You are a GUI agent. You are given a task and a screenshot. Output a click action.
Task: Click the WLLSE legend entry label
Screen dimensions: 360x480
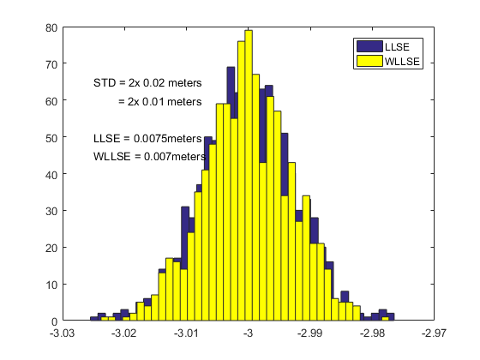402,62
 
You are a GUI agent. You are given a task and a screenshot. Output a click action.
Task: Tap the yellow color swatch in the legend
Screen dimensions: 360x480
369,62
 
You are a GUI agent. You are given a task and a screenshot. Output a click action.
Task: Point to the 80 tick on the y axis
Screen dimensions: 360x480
51,27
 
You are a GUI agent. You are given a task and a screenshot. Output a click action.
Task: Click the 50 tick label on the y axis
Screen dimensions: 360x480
51,137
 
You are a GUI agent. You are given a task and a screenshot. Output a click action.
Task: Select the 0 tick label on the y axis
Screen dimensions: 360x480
54,321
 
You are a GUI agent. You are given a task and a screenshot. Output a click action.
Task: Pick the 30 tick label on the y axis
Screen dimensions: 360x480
51,211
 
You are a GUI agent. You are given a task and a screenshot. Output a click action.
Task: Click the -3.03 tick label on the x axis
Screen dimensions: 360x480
63,333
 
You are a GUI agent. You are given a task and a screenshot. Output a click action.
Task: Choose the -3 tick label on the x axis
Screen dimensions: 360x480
249,333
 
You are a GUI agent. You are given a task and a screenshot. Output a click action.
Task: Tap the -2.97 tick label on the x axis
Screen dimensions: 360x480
434,333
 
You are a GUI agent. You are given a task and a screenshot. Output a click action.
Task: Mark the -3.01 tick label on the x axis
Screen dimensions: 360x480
186,333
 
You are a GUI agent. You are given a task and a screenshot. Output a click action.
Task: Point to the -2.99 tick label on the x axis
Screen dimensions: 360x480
310,333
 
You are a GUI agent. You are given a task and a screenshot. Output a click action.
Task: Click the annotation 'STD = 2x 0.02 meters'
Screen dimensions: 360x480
147,83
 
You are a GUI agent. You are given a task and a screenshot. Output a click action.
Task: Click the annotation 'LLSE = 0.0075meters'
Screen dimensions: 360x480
147,138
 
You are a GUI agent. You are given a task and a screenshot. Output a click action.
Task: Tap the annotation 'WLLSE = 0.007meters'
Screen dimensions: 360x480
149,156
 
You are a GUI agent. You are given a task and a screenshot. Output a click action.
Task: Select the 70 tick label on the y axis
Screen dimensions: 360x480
51,64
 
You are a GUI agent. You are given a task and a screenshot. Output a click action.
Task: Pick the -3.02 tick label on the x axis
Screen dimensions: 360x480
124,333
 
